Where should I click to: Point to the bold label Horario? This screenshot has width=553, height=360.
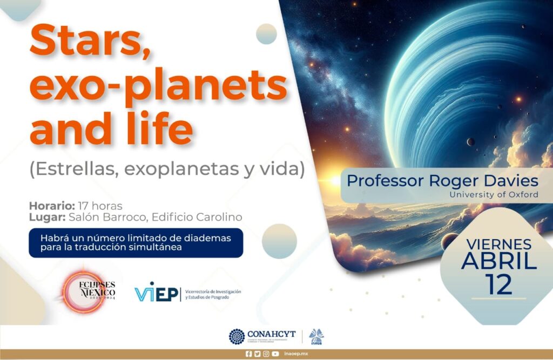(52, 206)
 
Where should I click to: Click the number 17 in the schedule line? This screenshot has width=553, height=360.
(84, 206)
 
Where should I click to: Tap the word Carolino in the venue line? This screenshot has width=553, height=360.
(220, 217)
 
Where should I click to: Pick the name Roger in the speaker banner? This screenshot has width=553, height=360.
(453, 181)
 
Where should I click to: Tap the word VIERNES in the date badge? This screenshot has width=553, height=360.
(498, 244)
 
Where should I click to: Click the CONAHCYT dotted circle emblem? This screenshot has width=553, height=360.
(237, 336)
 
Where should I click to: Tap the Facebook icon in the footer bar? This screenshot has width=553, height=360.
(248, 354)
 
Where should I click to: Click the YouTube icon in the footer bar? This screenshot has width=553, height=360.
(275, 354)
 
